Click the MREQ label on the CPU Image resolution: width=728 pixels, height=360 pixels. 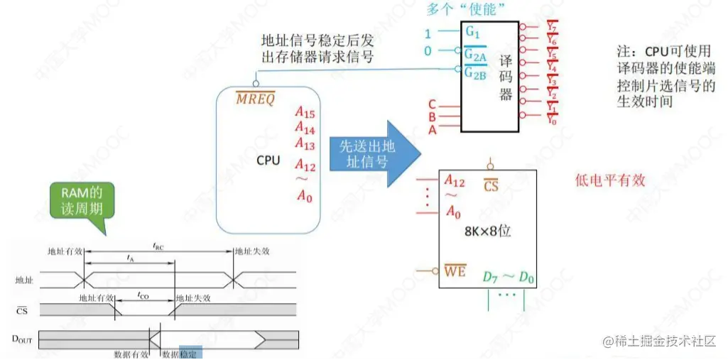point(255,98)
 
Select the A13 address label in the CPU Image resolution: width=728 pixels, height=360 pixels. point(305,144)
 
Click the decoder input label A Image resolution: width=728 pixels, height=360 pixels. point(432,129)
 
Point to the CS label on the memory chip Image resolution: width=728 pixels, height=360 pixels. point(491,185)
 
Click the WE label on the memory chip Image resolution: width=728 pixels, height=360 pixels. point(455,271)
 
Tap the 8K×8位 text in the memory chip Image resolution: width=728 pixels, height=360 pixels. point(489,231)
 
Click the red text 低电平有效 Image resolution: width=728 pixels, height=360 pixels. point(609,180)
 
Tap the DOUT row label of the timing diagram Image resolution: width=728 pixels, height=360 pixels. point(23,339)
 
